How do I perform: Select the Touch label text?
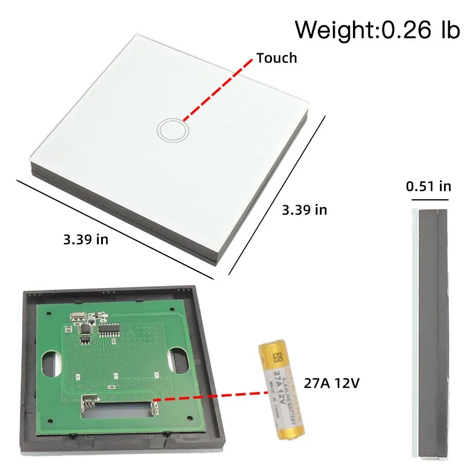(x=276, y=58)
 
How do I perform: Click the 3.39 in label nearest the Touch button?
(x=304, y=210)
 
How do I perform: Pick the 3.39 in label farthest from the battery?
(x=86, y=239)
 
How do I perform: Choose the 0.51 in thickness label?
(x=429, y=186)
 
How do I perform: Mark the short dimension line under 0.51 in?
(x=429, y=200)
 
